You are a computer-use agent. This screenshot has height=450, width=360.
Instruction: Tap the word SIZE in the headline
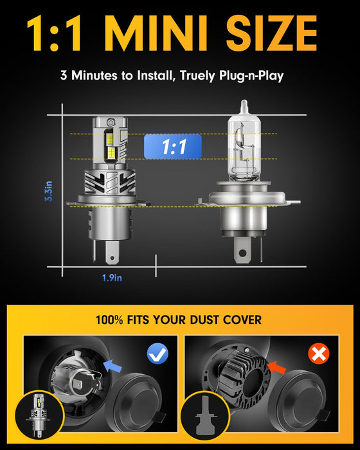pos(271,33)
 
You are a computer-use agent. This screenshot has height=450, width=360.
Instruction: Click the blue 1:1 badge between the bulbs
pos(173,147)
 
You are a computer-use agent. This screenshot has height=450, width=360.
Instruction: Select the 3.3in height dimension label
pos(49,191)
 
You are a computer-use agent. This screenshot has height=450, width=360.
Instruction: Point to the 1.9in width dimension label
pos(112,278)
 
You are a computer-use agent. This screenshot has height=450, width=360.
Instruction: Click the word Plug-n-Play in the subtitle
pos(251,76)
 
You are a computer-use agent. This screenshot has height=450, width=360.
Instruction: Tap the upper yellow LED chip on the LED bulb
pos(110,139)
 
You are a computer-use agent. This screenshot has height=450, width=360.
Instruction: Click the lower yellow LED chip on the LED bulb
pos(114,153)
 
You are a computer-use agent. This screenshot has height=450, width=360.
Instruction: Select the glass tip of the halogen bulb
pos(244,107)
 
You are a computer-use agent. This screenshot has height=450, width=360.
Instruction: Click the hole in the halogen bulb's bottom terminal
pos(242,253)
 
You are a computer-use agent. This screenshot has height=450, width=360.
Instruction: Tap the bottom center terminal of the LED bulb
pos(112,252)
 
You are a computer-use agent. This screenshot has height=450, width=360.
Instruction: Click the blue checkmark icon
pos(157,354)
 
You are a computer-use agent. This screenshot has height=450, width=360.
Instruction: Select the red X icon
pos(319,354)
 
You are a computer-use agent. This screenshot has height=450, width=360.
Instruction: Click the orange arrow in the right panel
pos(276,367)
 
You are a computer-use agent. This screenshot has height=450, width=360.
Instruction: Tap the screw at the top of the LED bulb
pos(110,122)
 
